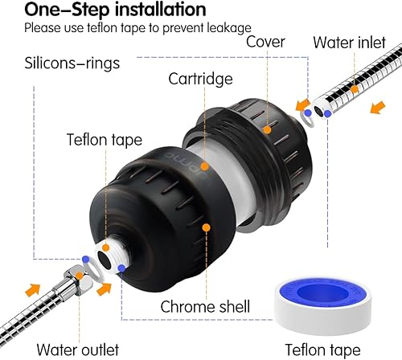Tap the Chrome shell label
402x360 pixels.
[x=206, y=306]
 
